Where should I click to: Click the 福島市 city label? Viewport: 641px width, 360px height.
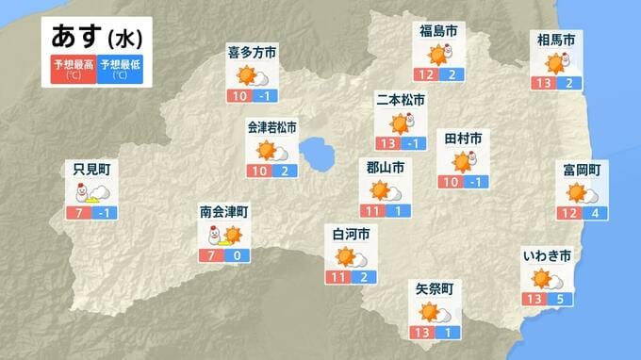(438, 32)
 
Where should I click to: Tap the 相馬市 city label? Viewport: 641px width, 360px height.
(555, 39)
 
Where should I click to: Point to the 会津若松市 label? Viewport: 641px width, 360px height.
(271, 126)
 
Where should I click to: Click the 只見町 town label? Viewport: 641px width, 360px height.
(92, 170)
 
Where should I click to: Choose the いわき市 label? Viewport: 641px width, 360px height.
(546, 254)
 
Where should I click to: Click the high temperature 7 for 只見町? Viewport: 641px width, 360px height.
(79, 213)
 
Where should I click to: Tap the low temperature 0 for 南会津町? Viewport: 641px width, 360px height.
(236, 255)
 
